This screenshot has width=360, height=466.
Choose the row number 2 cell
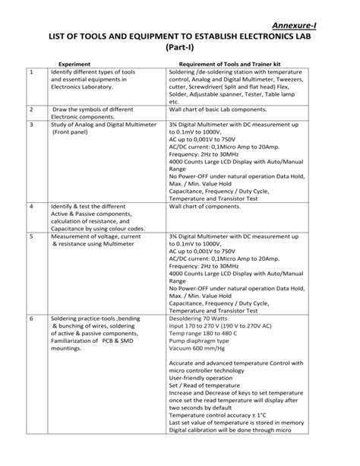[x=31, y=110]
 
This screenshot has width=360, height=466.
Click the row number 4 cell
[x=31, y=206]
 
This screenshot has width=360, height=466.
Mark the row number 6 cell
[x=31, y=297]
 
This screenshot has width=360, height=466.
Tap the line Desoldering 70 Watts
[x=201, y=297]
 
